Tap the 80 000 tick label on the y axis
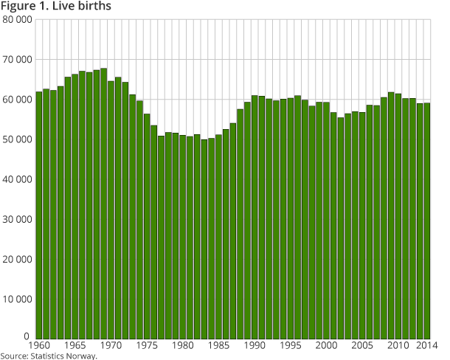16,19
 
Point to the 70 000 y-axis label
16,59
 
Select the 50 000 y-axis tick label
16,139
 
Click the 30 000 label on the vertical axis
16,219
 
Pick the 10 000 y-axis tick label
16,299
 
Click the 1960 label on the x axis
38,345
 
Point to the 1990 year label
255,345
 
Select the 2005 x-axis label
362,345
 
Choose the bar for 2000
326,221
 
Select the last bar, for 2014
427,221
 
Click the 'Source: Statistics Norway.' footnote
49,356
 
